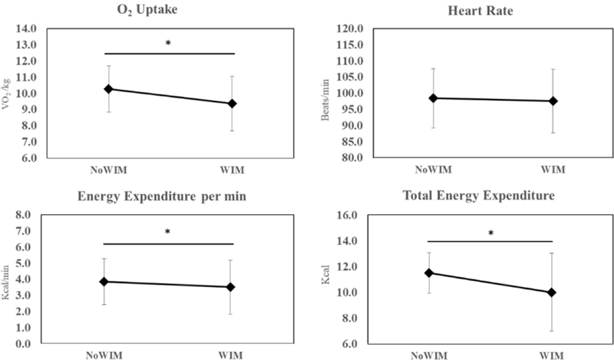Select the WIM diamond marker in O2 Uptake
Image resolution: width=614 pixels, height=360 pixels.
(232, 103)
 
